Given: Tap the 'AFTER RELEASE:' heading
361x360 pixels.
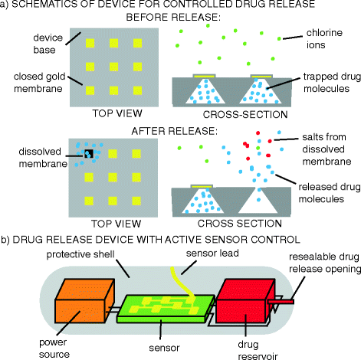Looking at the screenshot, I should click(x=180, y=129).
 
